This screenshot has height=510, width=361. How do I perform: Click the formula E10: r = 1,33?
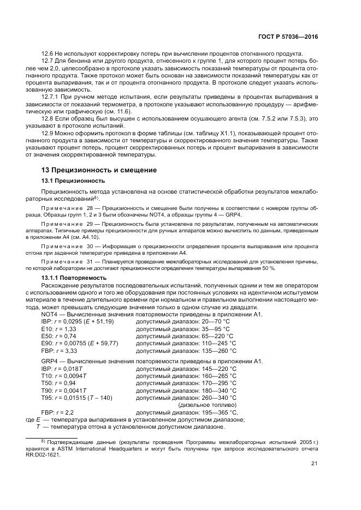[x=59, y=329]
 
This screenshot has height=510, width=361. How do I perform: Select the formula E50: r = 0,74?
[x=59, y=336]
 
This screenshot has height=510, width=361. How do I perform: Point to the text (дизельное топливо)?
[x=208, y=405]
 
